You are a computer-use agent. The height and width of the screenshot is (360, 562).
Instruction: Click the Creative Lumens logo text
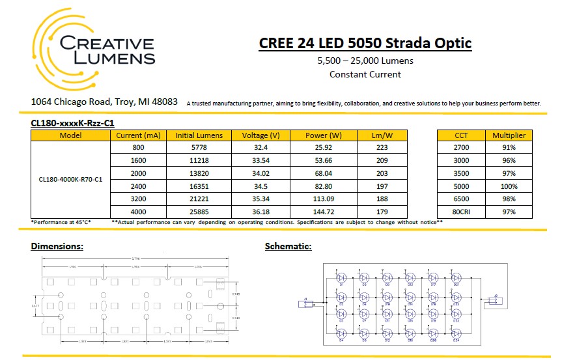point(107,51)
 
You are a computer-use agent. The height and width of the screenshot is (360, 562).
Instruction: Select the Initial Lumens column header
point(199,135)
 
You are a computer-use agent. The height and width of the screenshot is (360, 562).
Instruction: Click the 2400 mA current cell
point(138,186)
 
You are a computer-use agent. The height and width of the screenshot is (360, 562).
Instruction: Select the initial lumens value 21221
point(199,199)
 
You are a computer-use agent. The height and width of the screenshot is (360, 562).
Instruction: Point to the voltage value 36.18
point(260,211)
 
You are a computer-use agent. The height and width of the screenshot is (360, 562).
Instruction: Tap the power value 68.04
point(324,173)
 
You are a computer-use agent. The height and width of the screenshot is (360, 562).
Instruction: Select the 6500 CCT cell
point(461,199)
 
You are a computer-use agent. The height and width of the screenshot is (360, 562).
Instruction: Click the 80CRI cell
point(461,211)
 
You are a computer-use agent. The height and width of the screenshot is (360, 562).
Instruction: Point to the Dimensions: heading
point(57,247)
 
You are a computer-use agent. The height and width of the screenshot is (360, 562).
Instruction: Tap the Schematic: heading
point(288,247)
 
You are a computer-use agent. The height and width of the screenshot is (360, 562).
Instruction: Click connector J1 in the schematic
point(307,302)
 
